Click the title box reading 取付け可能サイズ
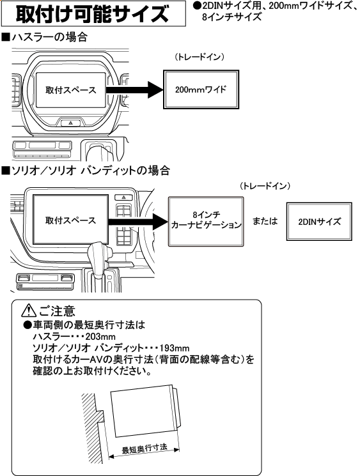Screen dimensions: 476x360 pyautogui.click(x=93, y=13)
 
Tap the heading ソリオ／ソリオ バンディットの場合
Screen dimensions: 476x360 pyautogui.click(x=86, y=171)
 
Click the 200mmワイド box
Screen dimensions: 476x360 pyautogui.click(x=201, y=90)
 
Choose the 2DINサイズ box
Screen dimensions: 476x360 pyautogui.click(x=319, y=221)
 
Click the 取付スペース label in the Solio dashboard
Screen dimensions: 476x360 pyautogui.click(x=70, y=221)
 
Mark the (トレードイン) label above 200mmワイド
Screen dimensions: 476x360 pyautogui.click(x=201, y=58)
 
